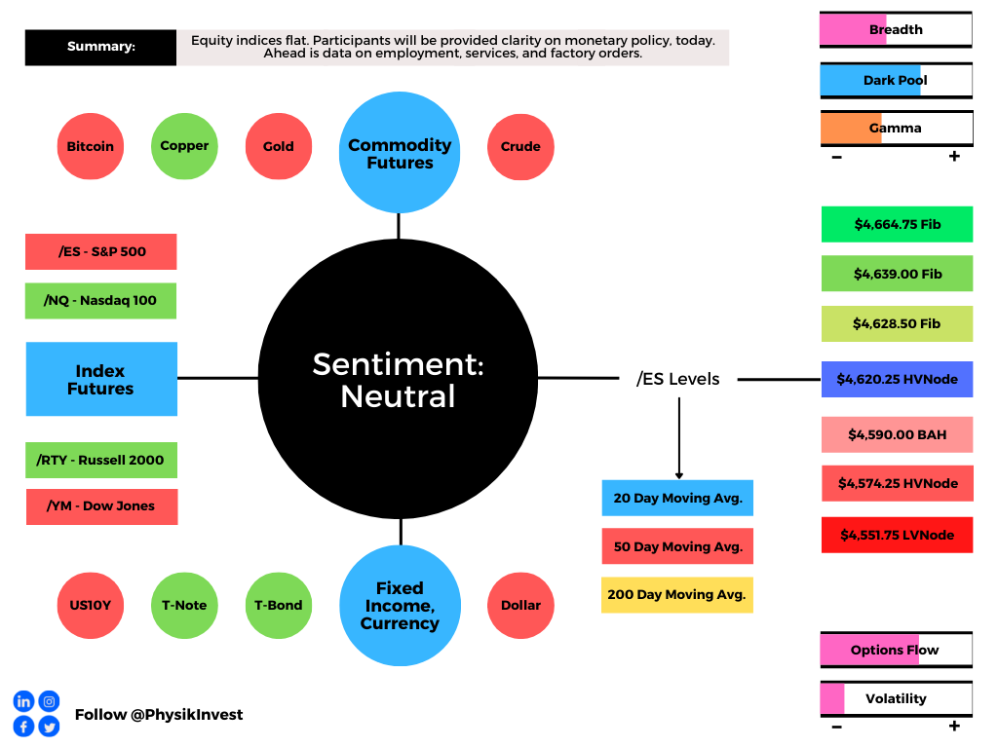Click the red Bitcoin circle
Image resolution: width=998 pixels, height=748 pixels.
[91, 146]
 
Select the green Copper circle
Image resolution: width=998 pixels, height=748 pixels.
[184, 146]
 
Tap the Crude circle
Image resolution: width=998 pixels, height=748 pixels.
[520, 147]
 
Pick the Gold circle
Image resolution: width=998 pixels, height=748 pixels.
[279, 146]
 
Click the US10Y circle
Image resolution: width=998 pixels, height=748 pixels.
[91, 606]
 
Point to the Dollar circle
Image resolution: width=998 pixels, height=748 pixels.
[520, 606]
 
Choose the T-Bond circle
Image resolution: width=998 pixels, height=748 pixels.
[279, 606]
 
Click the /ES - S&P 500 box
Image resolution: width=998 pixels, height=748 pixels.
[101, 252]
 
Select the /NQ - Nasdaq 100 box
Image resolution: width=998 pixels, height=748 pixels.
[101, 301]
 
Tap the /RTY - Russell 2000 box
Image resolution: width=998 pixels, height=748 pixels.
[101, 460]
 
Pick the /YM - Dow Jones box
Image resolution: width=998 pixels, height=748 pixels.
[101, 506]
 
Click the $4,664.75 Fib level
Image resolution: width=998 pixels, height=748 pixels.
[898, 225]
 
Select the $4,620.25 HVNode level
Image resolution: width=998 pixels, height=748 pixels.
[898, 380]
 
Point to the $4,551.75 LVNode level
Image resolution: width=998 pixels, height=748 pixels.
[898, 535]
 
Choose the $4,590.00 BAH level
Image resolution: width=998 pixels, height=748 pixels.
[898, 435]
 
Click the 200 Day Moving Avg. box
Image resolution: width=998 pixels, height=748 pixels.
[677, 595]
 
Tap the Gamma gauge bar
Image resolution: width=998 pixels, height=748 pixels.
[897, 128]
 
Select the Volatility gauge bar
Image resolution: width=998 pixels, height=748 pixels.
[897, 698]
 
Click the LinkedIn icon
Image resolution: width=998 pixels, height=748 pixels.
[23, 701]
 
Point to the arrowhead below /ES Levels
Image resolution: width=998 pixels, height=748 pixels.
[679, 475]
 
